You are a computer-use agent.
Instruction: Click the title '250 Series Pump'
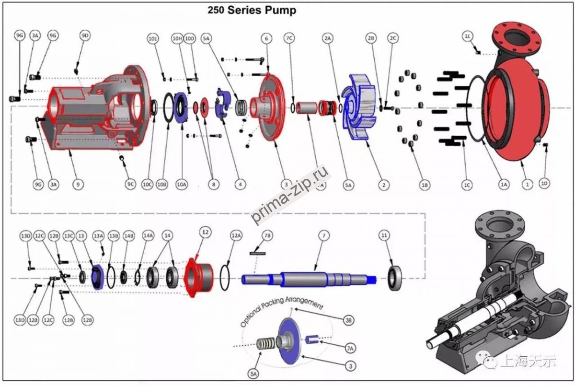coord(252,10)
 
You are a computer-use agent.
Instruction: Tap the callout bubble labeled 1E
coord(468,36)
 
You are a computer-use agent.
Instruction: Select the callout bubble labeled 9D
coord(85,36)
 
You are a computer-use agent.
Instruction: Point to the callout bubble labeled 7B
coord(267,235)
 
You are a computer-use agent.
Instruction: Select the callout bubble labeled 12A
coord(236,235)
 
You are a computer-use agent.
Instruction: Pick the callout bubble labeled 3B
coord(349,319)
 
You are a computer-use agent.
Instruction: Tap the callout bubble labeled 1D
coord(544,184)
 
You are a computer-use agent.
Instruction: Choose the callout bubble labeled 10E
coord(153,38)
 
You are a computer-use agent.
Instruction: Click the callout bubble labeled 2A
coord(328,38)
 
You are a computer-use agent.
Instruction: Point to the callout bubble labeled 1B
coord(424,184)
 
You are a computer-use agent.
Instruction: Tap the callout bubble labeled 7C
coord(289,38)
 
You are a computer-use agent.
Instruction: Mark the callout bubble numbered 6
coord(266,38)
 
